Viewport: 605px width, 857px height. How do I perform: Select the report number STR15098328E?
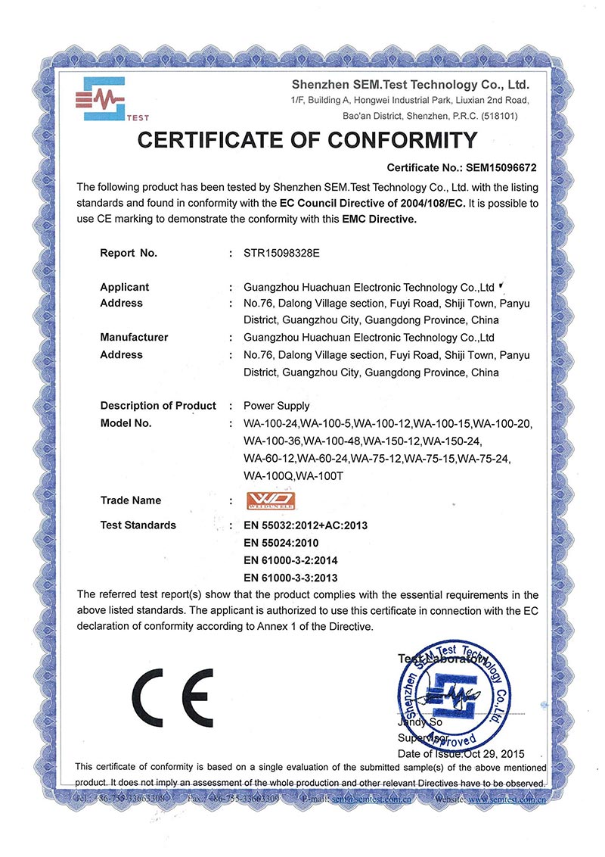(x=282, y=254)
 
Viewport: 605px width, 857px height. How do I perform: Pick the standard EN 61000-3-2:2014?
(x=290, y=560)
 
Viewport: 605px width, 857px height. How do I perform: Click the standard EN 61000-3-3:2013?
(x=290, y=578)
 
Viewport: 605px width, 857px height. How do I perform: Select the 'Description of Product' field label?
(x=158, y=406)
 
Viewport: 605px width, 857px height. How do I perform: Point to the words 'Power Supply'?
(x=276, y=406)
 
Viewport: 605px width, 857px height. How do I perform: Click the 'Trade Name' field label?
(x=130, y=500)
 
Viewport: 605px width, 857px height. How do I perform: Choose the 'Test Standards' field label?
(x=138, y=525)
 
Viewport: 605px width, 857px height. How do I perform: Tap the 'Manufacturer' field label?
(x=134, y=337)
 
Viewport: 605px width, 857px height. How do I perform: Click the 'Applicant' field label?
(x=124, y=287)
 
